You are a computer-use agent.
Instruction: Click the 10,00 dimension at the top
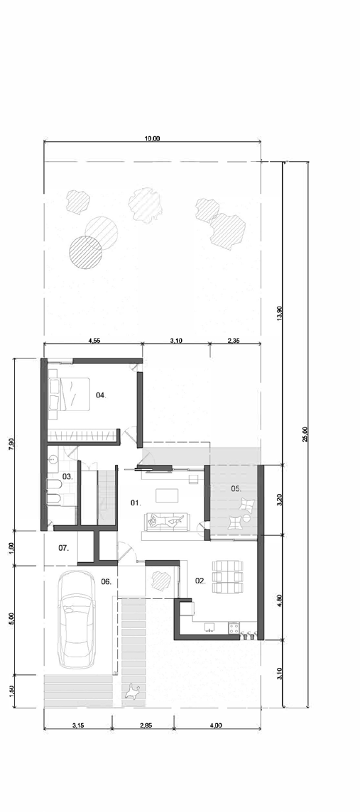pyautogui.click(x=153, y=138)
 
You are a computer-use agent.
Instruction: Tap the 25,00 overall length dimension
pyautogui.click(x=305, y=434)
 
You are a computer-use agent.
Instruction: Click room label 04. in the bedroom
pyautogui.click(x=101, y=395)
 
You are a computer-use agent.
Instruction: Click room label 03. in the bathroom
pyautogui.click(x=68, y=476)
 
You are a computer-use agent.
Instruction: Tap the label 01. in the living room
pyautogui.click(x=135, y=503)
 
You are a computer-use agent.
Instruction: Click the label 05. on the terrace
pyautogui.click(x=236, y=488)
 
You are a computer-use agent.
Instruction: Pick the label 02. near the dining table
pyautogui.click(x=200, y=581)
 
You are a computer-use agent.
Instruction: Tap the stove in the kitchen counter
pyautogui.click(x=234, y=627)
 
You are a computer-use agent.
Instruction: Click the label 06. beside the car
pyautogui.click(x=107, y=581)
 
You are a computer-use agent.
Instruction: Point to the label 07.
pyautogui.click(x=64, y=547)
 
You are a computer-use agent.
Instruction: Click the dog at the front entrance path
pyautogui.click(x=133, y=691)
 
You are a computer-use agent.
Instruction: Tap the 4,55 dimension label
pyautogui.click(x=94, y=341)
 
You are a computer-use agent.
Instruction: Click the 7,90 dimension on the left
pyautogui.click(x=12, y=444)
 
